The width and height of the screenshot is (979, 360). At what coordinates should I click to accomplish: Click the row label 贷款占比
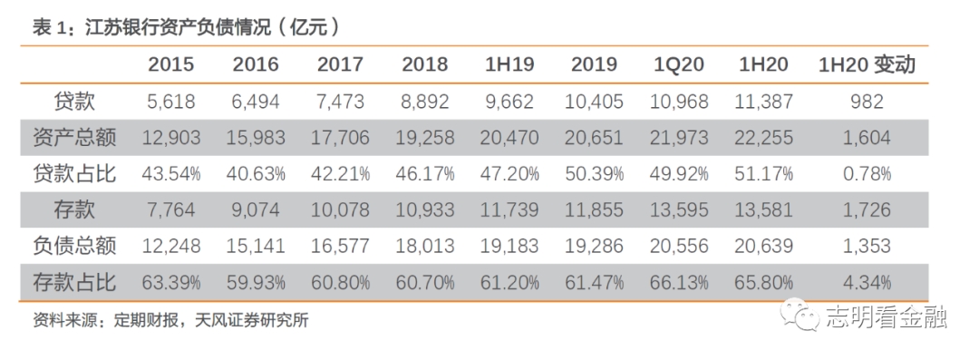tap(74, 173)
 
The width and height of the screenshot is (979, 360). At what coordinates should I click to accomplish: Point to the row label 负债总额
tap(74, 246)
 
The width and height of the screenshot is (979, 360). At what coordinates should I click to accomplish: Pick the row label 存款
tap(74, 209)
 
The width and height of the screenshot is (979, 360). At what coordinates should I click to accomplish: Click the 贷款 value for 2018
tap(423, 102)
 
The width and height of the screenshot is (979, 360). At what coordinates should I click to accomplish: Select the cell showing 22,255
tap(767, 138)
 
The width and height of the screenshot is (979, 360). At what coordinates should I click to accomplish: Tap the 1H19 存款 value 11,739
tap(509, 209)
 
